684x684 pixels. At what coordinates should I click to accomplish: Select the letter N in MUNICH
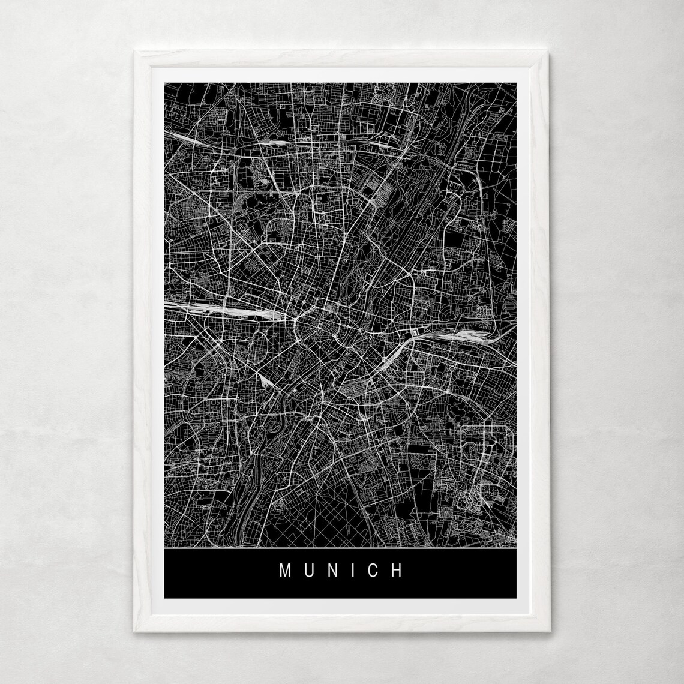331,570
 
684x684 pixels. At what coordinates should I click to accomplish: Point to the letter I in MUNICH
352,570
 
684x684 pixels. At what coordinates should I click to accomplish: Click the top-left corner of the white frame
135,52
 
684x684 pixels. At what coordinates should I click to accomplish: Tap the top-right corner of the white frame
548,52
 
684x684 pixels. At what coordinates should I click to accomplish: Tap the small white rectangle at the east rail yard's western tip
415,331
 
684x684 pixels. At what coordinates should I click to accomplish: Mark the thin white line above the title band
340,548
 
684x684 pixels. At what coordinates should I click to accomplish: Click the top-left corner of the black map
164,83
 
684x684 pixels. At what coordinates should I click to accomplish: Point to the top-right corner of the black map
515,83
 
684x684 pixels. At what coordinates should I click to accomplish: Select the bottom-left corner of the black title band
164,598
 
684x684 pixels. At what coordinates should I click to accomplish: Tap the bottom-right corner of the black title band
515,598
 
